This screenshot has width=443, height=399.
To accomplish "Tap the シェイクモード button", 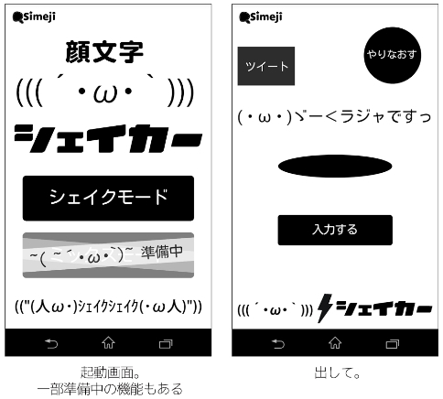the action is pos(108,198).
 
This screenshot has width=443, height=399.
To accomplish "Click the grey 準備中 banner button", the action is pos(108,255).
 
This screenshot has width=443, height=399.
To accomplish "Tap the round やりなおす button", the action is pos(393,55).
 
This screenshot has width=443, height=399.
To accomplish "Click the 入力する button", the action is pos(335,230).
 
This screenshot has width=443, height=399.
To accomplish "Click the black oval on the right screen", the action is pos(335,166).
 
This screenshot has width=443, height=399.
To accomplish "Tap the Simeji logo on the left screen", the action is pos(34,16).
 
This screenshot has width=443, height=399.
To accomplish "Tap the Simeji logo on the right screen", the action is pos(261,16).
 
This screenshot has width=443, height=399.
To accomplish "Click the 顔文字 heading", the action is pos(104,52).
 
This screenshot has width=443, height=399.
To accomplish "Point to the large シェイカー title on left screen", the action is pos(108,138).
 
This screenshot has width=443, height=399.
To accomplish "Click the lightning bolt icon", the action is pos(325,308).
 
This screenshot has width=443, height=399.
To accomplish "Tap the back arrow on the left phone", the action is pos(51,344).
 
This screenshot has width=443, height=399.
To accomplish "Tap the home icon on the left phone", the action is pos(108,342).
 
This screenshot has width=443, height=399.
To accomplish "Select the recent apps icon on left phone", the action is pos(166,344).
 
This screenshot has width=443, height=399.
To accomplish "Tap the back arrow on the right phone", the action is pos(278,344).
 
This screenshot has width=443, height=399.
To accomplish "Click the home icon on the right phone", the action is pos(335,342).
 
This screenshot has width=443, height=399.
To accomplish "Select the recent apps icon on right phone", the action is pos(393,344).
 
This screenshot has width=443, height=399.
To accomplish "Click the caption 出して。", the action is pos(337,372).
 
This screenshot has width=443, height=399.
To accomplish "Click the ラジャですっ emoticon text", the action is pos(334,116).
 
